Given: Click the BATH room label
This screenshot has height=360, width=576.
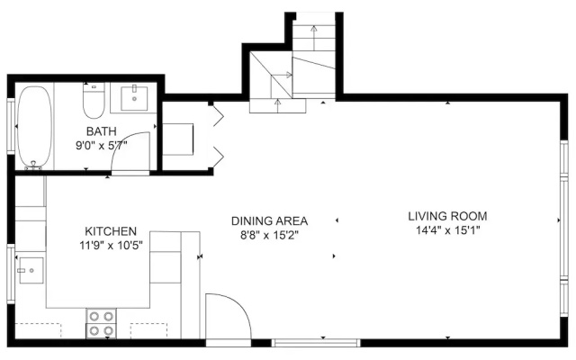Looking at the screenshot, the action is pyautogui.click(x=102, y=131).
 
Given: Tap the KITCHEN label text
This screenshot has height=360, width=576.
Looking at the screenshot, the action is pyautogui.click(x=111, y=231).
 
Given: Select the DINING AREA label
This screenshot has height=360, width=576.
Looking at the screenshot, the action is pyautogui.click(x=269, y=220).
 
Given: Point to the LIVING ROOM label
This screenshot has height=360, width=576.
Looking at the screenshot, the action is pyautogui.click(x=447, y=216).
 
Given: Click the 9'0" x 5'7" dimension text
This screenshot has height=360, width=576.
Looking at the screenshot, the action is pyautogui.click(x=102, y=146).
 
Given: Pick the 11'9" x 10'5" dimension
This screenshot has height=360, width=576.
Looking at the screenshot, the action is pyautogui.click(x=111, y=245).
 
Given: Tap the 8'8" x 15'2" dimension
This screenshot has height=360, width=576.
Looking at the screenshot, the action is pyautogui.click(x=269, y=235).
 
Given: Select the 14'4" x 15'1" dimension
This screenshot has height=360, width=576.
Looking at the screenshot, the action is pyautogui.click(x=448, y=230).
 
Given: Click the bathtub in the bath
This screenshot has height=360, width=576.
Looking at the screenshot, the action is pyautogui.click(x=35, y=128).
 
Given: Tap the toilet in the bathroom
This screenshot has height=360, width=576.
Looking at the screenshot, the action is pyautogui.click(x=94, y=100).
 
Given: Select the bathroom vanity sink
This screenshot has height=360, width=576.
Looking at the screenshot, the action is pyautogui.click(x=134, y=98).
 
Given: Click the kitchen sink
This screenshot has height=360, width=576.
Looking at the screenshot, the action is pyautogui.click(x=31, y=270).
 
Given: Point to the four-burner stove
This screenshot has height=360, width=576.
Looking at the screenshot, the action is pyautogui.click(x=101, y=323).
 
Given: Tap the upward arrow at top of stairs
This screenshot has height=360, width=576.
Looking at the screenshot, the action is pyautogui.click(x=314, y=38).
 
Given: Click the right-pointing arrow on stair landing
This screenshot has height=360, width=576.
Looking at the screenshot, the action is pyautogui.click(x=282, y=75).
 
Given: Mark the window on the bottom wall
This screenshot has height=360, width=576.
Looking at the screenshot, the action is pyautogui.click(x=316, y=343).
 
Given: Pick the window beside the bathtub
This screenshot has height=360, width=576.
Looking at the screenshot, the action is pyautogui.click(x=11, y=126).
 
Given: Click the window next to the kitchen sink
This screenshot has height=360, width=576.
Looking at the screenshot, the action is pyautogui.click(x=11, y=274).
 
